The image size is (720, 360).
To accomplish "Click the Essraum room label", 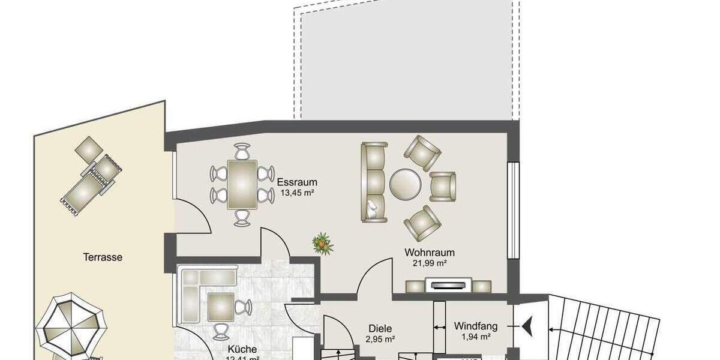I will (297, 182).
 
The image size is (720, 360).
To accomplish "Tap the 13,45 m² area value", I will (297, 193).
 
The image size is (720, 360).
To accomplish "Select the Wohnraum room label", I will (429, 252).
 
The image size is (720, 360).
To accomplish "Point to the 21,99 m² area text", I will (429, 263).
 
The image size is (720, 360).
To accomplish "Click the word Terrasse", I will (103, 257).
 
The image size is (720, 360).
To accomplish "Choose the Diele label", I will (380, 329).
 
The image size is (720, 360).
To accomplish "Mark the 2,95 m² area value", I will (380, 340).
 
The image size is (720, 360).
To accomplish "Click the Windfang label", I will (475, 326).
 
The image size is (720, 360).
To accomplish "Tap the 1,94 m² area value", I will (475, 337).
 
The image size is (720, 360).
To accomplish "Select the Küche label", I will (242, 349).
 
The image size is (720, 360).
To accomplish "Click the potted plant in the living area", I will (323, 244).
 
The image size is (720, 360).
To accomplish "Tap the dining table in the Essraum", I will (242, 184).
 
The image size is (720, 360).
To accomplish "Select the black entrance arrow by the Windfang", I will (529, 326).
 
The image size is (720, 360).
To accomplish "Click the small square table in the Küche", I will (220, 307).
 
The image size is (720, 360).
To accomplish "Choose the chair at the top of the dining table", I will (242, 151).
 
